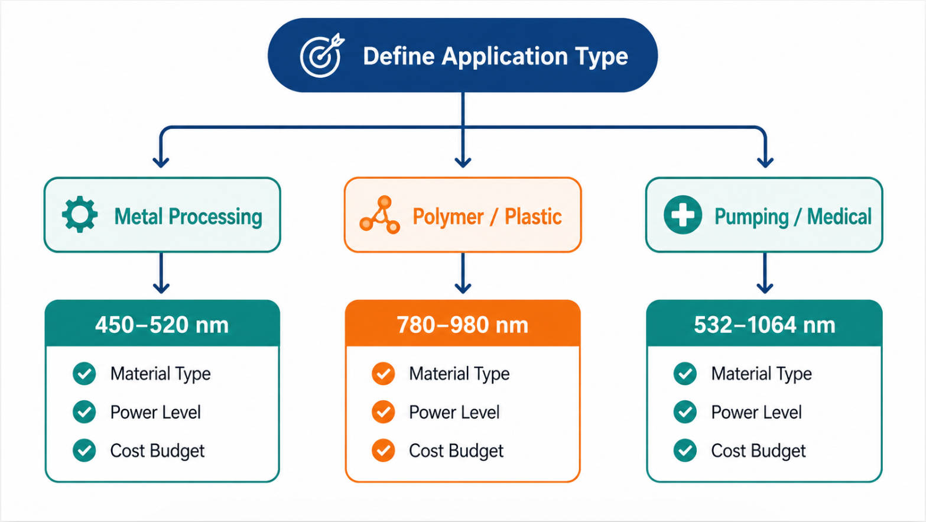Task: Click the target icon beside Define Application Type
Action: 321,56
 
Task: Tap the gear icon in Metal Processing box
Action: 80,214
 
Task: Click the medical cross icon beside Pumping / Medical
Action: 683,215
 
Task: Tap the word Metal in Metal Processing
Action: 139,216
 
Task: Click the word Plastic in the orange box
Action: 533,216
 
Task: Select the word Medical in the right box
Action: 839,216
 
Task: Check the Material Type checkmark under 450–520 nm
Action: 85,374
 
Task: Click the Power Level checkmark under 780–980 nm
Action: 383,412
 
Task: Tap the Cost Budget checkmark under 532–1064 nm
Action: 685,450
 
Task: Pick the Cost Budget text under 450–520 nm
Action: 158,451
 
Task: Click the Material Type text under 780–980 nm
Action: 459,374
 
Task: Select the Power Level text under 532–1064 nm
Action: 756,413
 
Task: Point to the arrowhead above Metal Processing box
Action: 161,162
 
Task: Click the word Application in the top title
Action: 505,57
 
